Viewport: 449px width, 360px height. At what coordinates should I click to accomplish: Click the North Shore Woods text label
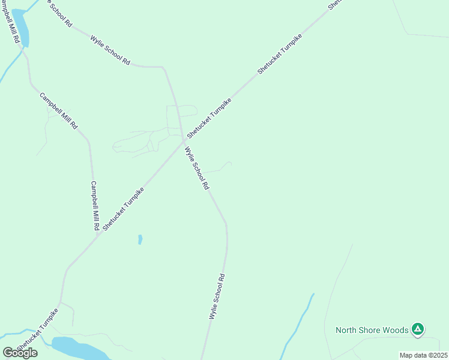pyautogui.click(x=372, y=330)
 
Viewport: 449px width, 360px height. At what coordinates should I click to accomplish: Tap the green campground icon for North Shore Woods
pyautogui.click(x=418, y=329)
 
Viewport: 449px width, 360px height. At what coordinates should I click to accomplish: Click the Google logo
pyautogui.click(x=20, y=353)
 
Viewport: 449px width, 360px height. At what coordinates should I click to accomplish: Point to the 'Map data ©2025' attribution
pyautogui.click(x=423, y=355)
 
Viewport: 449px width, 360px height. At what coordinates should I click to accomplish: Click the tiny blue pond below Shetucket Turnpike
pyautogui.click(x=140, y=239)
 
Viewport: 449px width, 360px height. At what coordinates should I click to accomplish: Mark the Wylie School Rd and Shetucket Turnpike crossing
pyautogui.click(x=183, y=141)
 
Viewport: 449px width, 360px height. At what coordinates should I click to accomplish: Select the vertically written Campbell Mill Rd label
pyautogui.click(x=94, y=206)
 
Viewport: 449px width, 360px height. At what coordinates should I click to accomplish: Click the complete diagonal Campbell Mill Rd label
pyautogui.click(x=58, y=111)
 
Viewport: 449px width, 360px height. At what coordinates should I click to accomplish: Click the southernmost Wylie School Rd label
pyautogui.click(x=217, y=296)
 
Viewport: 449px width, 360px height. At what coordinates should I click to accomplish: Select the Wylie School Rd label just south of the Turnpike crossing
pyautogui.click(x=197, y=169)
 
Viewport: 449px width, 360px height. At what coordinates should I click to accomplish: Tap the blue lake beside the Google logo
pyautogui.click(x=78, y=347)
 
